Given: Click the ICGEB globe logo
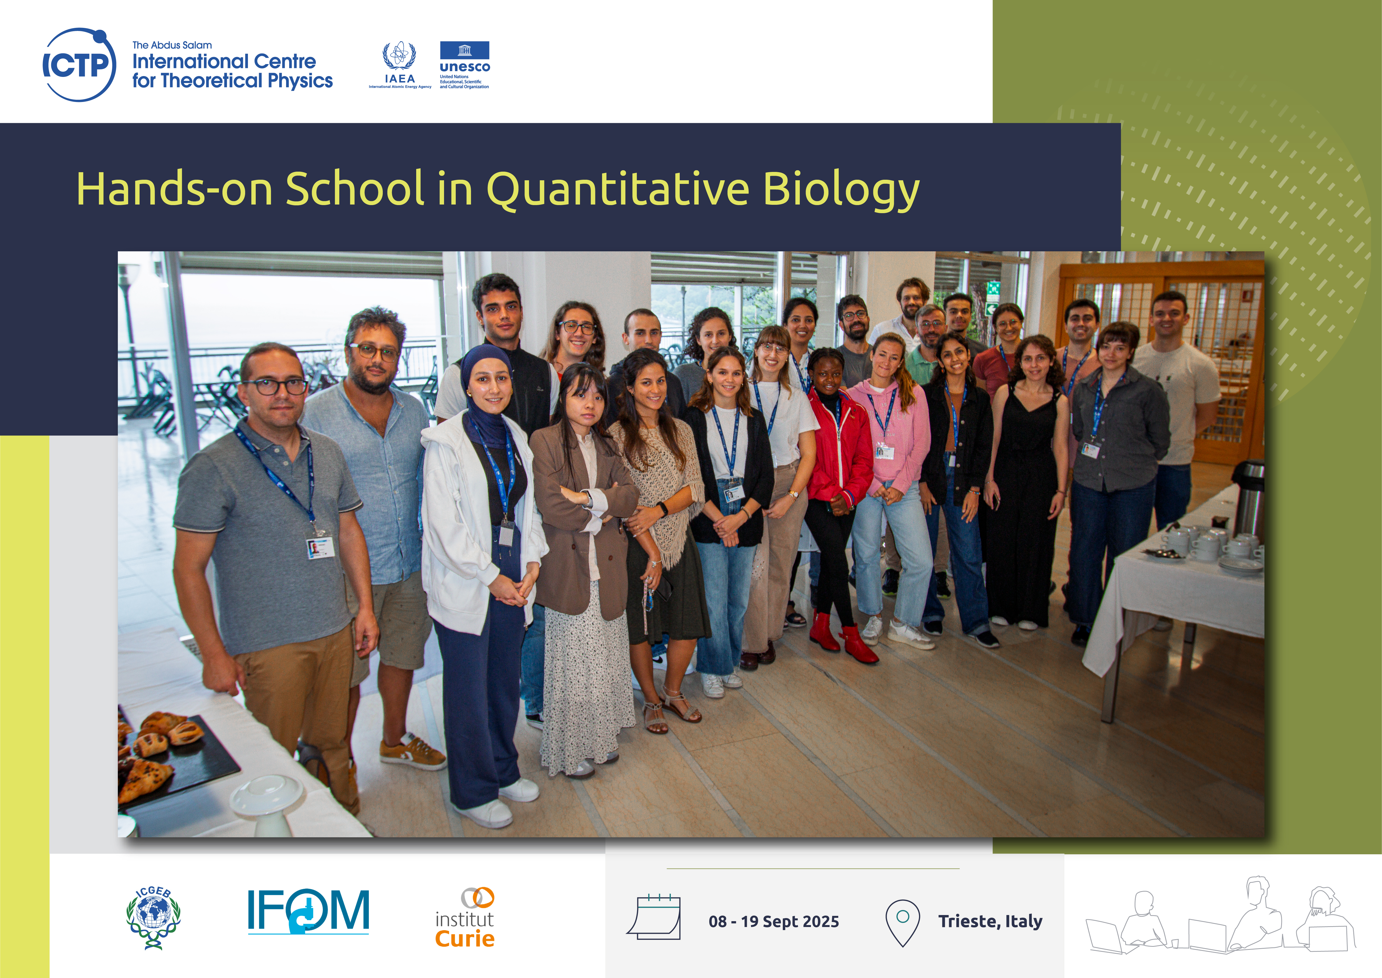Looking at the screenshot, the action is coord(153,917).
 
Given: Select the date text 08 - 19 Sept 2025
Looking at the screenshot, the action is coord(774,921).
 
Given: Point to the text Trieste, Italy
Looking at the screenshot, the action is coord(990,921).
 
